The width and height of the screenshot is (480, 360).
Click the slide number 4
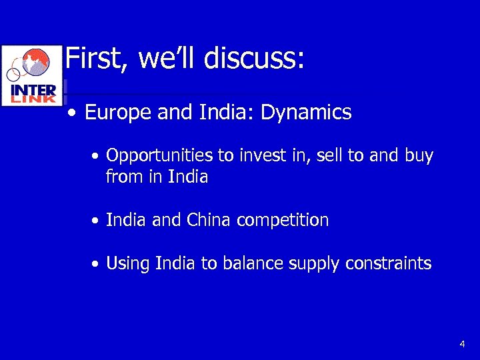(x=462, y=344)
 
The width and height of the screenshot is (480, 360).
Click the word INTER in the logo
(x=33, y=89)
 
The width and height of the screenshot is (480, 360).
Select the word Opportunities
(x=159, y=157)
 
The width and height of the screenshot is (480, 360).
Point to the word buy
(x=419, y=157)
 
